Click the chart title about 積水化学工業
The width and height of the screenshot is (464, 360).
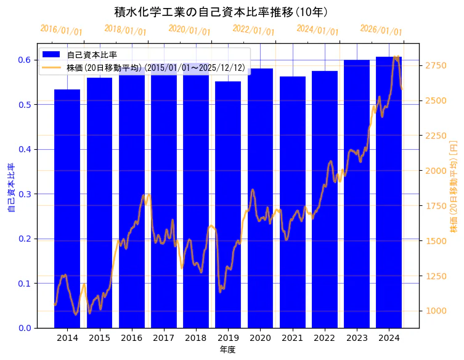click(x=221, y=12)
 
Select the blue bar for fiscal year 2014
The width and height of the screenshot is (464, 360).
click(x=67, y=210)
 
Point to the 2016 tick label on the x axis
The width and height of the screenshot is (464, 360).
click(x=131, y=338)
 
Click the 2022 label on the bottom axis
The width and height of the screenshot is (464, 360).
click(x=324, y=338)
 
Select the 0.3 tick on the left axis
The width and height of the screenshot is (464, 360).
click(x=24, y=194)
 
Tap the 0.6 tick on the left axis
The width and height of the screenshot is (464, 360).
click(x=24, y=60)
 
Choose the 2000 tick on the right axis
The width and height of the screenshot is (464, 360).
click(x=436, y=170)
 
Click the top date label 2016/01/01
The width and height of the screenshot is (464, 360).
click(x=61, y=30)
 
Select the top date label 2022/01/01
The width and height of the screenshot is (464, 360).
click(x=253, y=30)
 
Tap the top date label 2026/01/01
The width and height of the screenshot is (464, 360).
click(x=381, y=30)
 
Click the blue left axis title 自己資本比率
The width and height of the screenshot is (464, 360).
click(x=10, y=188)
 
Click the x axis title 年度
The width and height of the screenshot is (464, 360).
click(x=228, y=350)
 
